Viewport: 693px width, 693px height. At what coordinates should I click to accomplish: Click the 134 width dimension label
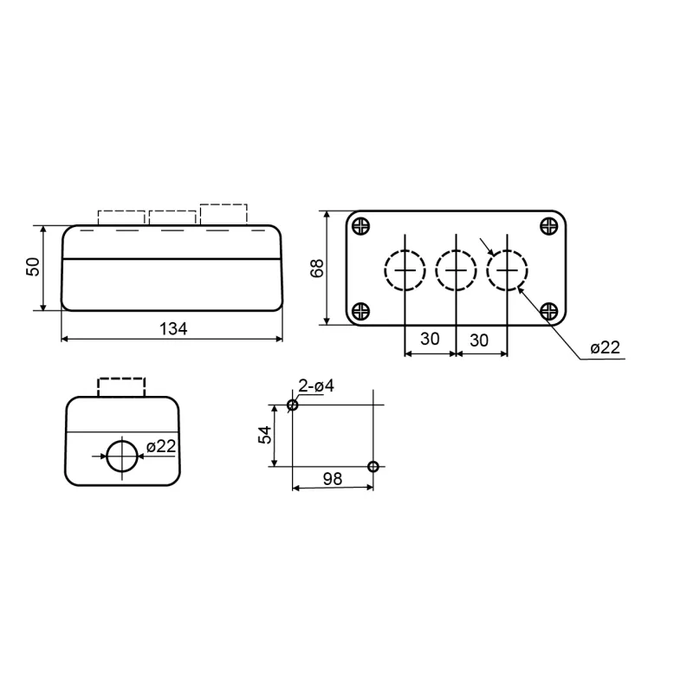coord(173,329)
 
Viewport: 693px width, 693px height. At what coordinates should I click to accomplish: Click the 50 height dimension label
coord(33,267)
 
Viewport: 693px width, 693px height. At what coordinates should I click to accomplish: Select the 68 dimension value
coord(317,269)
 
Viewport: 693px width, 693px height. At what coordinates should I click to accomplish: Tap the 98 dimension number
coord(333,479)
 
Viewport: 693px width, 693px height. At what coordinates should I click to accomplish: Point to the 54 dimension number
coord(266,435)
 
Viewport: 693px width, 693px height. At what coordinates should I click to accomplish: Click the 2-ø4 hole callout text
coord(316,385)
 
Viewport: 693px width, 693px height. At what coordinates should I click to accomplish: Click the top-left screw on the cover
coord(361,226)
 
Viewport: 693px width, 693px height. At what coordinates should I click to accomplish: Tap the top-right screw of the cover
coord(549,226)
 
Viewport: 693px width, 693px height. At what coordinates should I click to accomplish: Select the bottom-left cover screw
coord(361,311)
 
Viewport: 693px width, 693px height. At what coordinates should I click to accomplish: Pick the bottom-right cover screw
coord(549,311)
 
